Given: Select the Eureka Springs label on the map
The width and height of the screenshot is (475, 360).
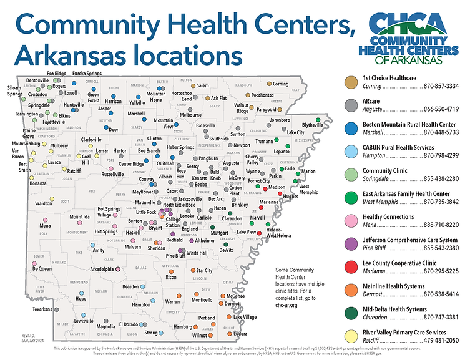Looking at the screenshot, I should [x=88, y=74].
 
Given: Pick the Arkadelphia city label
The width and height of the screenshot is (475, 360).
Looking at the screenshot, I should [x=102, y=269].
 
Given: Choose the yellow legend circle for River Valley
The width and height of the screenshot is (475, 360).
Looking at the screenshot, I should [x=351, y=336].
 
